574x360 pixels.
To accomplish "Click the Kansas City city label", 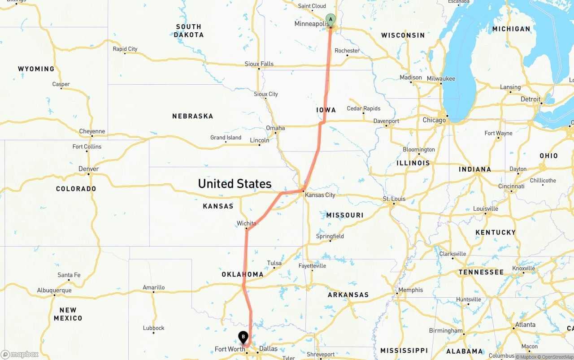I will (x=320, y=195).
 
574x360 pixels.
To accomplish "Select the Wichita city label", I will (x=246, y=223).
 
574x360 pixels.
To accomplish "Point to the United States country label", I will (x=235, y=184).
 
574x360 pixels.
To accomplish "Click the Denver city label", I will (x=88, y=169).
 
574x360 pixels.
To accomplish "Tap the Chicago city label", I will (x=434, y=120).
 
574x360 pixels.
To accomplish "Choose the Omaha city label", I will (x=275, y=128).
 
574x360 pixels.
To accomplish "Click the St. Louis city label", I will (x=394, y=199).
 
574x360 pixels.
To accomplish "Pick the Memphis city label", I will (x=410, y=290).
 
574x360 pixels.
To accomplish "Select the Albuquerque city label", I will (x=54, y=291).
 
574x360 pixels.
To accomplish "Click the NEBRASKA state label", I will (x=192, y=116).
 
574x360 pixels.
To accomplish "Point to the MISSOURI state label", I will (x=345, y=215).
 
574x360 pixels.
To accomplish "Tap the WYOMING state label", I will (x=36, y=69).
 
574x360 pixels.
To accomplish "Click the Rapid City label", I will (x=125, y=49).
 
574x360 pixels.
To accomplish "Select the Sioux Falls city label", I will (x=259, y=64).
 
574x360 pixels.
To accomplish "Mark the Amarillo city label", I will (x=153, y=287).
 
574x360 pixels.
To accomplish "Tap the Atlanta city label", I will (x=525, y=325).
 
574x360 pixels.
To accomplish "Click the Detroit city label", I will (x=531, y=99).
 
